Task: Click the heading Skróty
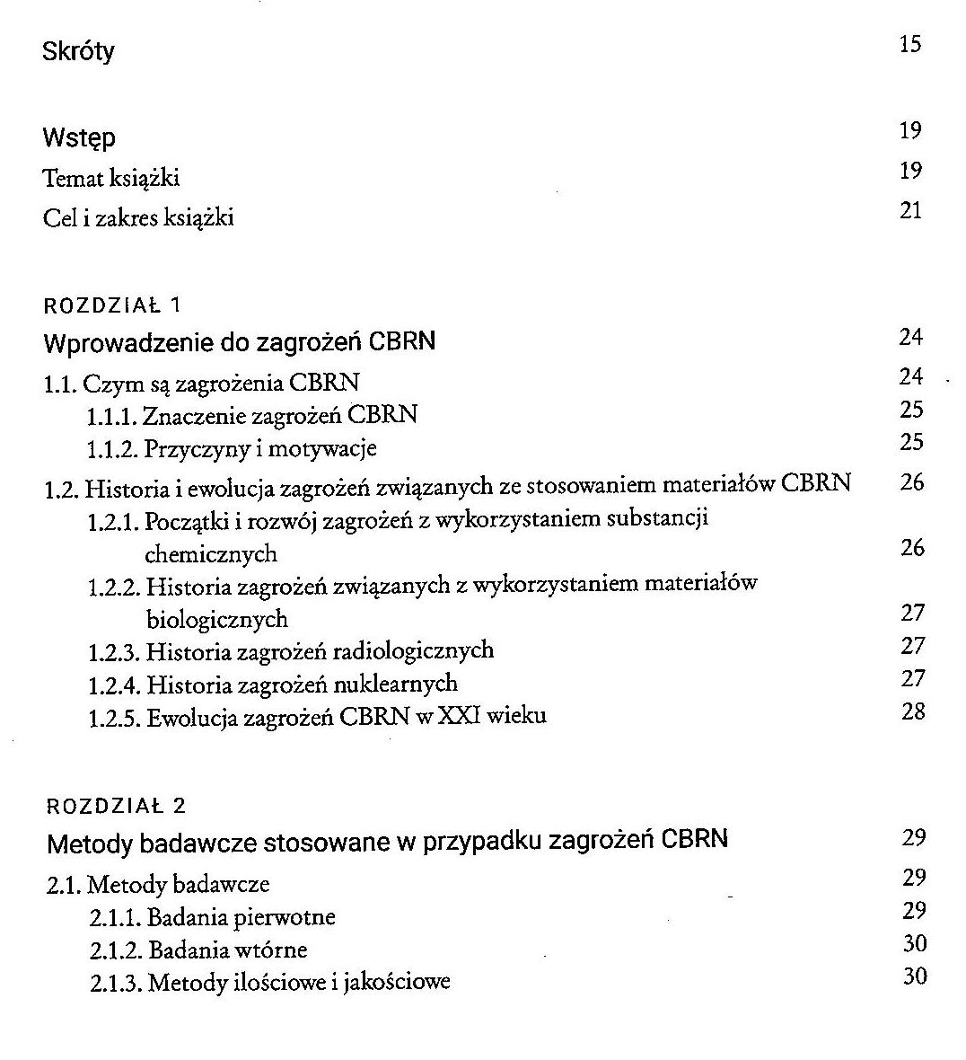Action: [79, 51]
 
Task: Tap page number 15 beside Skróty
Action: [909, 44]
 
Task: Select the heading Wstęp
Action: [79, 138]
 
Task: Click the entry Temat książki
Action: [111, 178]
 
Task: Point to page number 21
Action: [910, 210]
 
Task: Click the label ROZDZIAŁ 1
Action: [112, 305]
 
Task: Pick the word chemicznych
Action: [211, 553]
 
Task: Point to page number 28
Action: [912, 711]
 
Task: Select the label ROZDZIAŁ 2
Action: [116, 805]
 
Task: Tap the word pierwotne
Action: [285, 917]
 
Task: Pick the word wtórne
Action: [271, 950]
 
